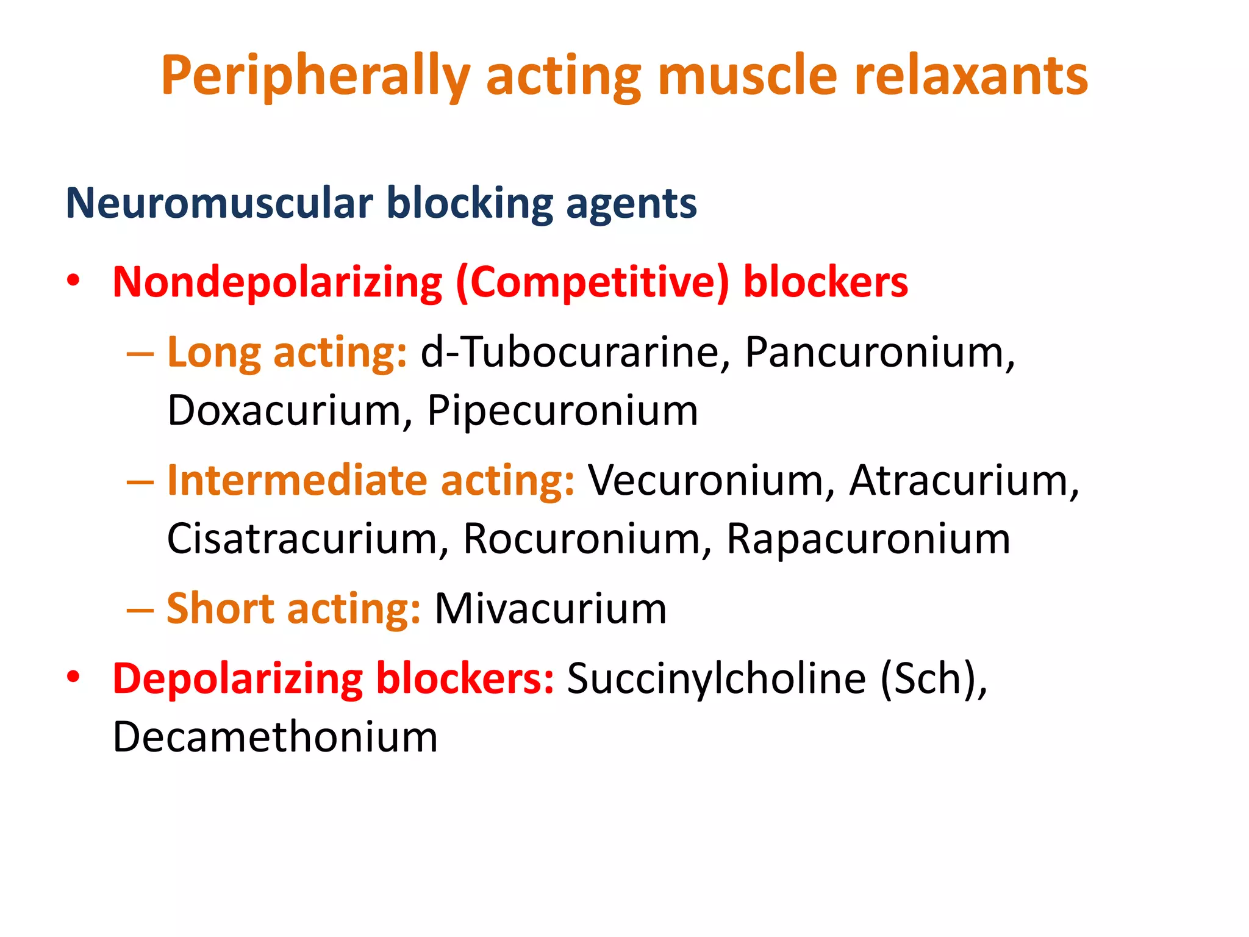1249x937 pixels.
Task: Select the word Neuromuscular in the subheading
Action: (x=219, y=203)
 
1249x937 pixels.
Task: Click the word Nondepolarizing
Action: (x=277, y=282)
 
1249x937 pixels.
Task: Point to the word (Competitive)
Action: (x=592, y=282)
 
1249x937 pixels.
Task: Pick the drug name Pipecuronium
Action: (x=562, y=411)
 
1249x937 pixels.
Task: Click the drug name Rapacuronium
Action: (x=868, y=539)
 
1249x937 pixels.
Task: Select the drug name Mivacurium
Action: (x=550, y=609)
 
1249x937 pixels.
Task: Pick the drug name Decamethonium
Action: (x=275, y=737)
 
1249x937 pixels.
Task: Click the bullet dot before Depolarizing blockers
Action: (x=74, y=677)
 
